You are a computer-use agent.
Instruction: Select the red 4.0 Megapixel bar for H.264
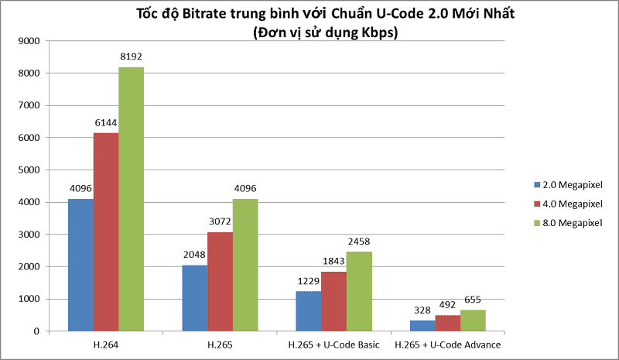[x=106, y=232]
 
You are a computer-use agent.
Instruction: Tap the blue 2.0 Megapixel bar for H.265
[x=194, y=298]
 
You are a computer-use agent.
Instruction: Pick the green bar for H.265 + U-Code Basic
[x=359, y=291]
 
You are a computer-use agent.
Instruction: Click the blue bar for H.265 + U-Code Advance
[x=422, y=326]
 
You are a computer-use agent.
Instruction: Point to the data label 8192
[x=131, y=57]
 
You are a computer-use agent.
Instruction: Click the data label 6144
[x=106, y=122]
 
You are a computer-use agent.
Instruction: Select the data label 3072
[x=220, y=221]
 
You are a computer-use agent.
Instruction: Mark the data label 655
[x=474, y=300]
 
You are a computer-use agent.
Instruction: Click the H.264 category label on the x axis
[x=106, y=344]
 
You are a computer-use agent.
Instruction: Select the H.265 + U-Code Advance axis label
[x=448, y=344]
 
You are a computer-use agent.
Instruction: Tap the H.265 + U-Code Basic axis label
[x=333, y=344]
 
